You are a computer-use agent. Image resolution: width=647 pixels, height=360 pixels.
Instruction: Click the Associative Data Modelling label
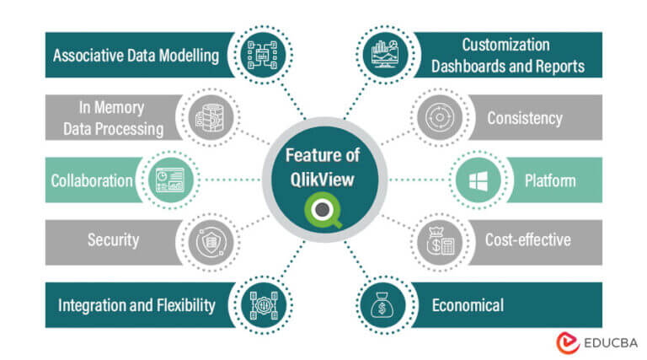click(136, 56)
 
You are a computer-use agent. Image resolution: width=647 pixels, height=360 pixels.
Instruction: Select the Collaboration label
click(92, 180)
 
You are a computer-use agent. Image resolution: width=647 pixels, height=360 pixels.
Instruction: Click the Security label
click(113, 240)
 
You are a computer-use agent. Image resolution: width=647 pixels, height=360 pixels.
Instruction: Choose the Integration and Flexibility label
click(136, 304)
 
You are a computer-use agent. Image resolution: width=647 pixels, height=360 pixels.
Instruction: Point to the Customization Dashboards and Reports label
click(505, 55)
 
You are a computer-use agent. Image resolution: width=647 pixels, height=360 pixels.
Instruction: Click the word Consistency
click(524, 118)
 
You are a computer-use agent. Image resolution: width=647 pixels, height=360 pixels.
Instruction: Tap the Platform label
click(550, 180)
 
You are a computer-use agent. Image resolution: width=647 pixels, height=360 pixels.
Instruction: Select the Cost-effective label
click(527, 240)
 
